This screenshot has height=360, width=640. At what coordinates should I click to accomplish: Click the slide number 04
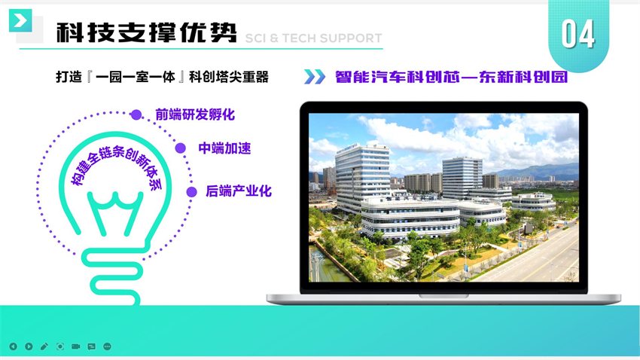578,34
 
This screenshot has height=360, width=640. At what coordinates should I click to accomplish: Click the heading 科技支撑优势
147,32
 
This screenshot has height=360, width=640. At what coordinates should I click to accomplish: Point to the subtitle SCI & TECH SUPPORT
313,38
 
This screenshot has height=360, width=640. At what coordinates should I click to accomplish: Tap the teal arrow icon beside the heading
20,20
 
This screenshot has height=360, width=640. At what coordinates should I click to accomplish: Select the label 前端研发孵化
195,114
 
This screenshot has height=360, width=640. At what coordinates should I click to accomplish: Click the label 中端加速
224,148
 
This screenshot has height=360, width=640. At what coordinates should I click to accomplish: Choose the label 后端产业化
239,191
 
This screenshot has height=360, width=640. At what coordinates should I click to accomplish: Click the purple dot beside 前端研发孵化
136,114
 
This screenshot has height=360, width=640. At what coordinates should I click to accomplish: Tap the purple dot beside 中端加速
181,148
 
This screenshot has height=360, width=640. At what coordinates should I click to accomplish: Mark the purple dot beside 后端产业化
191,192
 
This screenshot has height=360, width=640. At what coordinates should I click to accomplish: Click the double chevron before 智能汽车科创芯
315,77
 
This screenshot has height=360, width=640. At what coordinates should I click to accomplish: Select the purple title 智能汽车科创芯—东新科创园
452,77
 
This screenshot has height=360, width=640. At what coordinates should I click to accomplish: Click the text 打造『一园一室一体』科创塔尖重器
163,77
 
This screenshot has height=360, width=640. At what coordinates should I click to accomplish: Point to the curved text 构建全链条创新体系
115,163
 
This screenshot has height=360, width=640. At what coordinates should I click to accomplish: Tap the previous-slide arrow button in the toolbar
13,346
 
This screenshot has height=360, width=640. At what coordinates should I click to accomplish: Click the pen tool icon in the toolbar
44,346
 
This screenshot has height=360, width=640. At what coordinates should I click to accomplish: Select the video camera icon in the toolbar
75,346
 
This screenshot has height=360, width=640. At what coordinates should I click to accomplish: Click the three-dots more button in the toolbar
107,346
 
